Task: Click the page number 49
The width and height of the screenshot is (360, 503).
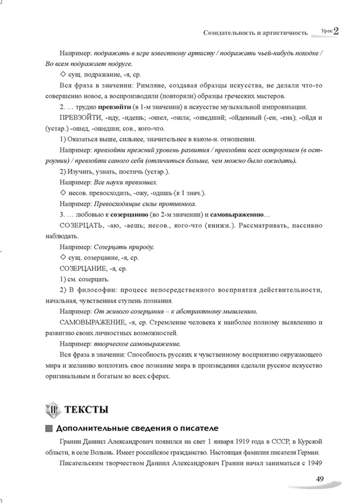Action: [319, 478]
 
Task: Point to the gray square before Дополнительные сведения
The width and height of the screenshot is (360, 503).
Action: [49, 428]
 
